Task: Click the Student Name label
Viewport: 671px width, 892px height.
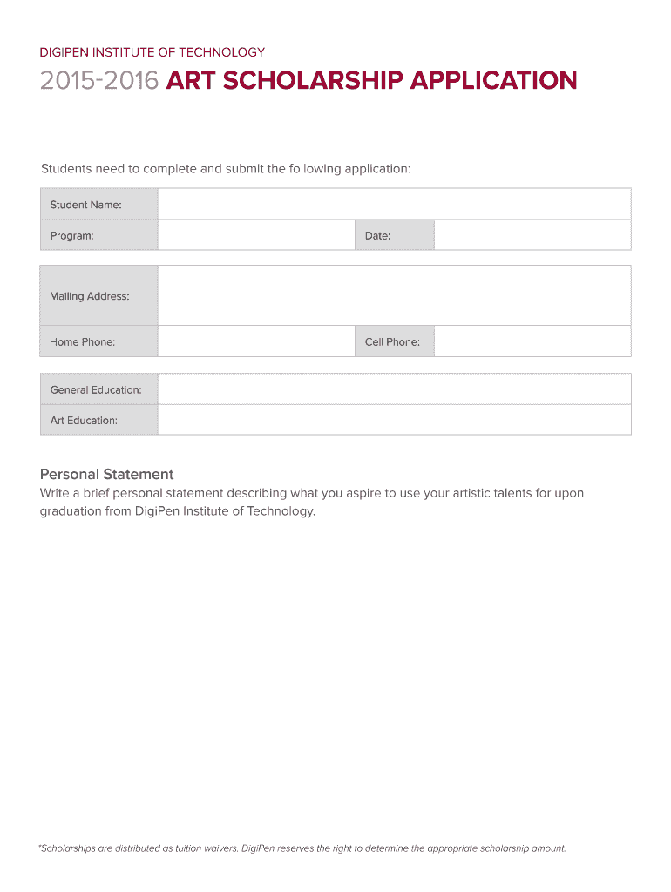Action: click(x=85, y=205)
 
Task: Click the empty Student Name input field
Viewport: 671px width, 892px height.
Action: click(x=394, y=205)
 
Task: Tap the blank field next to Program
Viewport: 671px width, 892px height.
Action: click(x=256, y=235)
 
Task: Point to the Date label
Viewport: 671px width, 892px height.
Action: click(x=377, y=235)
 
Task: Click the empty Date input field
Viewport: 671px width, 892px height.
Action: click(x=532, y=235)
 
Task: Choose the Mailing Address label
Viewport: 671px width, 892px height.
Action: click(x=89, y=296)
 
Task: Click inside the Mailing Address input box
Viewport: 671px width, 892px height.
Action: click(x=394, y=296)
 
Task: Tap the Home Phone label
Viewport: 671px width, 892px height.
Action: click(x=82, y=341)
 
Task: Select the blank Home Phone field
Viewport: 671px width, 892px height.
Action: click(x=256, y=341)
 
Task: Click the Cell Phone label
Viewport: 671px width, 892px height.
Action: click(x=392, y=341)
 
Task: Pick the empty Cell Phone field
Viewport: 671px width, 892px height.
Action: click(x=532, y=341)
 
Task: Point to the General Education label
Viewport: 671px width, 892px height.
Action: click(x=96, y=389)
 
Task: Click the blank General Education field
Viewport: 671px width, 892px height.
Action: click(x=394, y=389)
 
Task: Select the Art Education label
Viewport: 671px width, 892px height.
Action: click(x=84, y=420)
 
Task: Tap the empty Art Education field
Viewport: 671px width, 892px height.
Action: click(x=394, y=420)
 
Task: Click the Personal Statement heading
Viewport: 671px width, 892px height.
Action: click(x=106, y=474)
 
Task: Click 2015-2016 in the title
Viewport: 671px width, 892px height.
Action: click(x=99, y=81)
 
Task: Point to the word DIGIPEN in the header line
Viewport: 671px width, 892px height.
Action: click(x=64, y=52)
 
